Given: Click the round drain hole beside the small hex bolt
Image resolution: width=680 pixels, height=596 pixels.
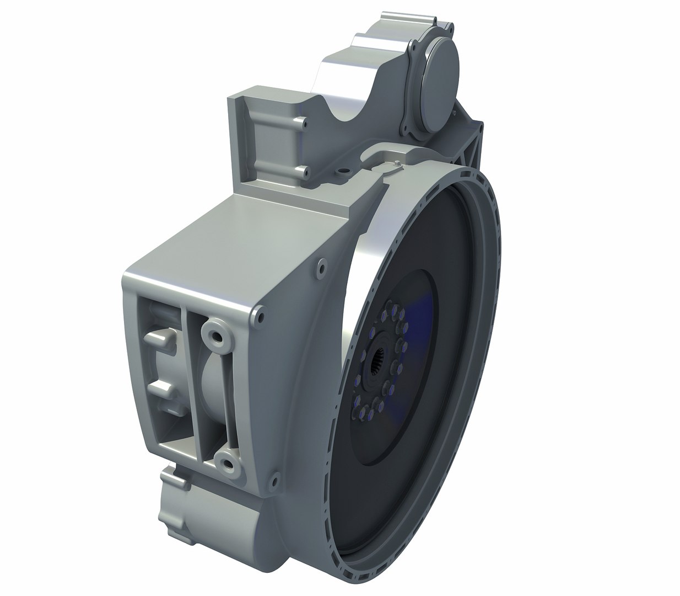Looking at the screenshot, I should [x=344, y=172].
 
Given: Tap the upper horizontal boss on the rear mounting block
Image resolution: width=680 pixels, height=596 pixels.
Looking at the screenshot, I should [x=300, y=122].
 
